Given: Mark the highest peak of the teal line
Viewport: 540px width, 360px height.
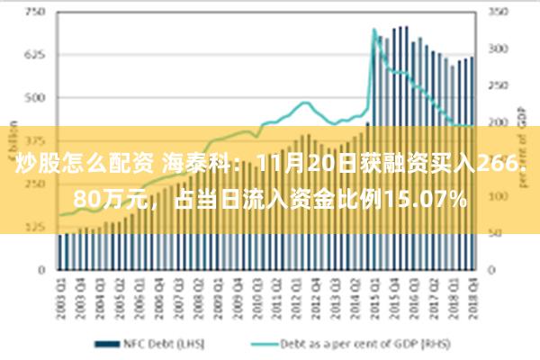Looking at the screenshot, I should pyautogui.click(x=373, y=31).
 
